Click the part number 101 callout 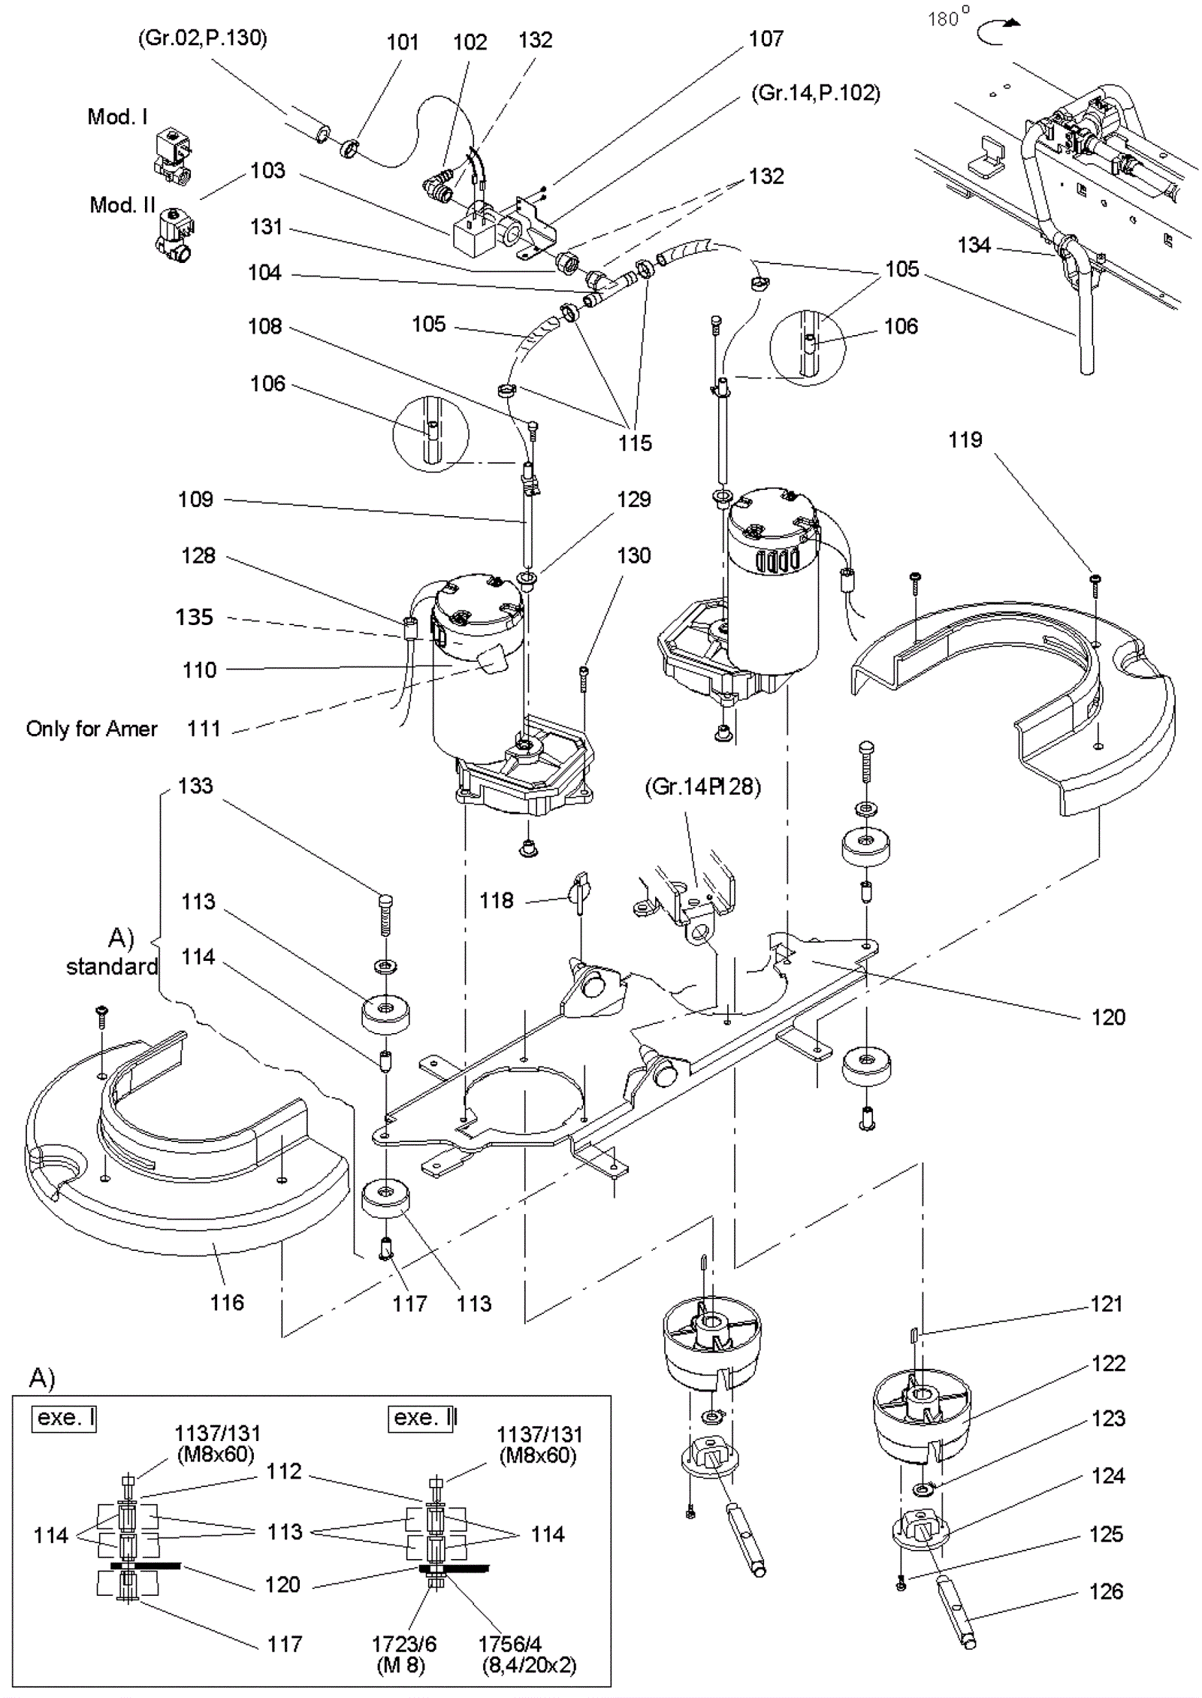pyautogui.click(x=403, y=42)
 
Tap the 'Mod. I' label pyautogui.click(x=117, y=116)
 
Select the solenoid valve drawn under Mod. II pyautogui.click(x=174, y=235)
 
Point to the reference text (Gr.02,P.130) pyautogui.click(x=202, y=38)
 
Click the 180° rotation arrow pyautogui.click(x=998, y=29)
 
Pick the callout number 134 pyautogui.click(x=974, y=245)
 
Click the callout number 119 pyautogui.click(x=965, y=440)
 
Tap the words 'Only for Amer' pyautogui.click(x=92, y=729)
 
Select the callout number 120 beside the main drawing pyautogui.click(x=1108, y=1017)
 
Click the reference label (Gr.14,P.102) pyautogui.click(x=815, y=93)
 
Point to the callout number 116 pyautogui.click(x=227, y=1302)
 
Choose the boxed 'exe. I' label pyautogui.click(x=65, y=1418)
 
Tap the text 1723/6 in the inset pyautogui.click(x=403, y=1643)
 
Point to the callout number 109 pyautogui.click(x=195, y=500)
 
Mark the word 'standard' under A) pyautogui.click(x=112, y=966)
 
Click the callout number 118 pyautogui.click(x=496, y=900)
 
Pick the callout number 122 pyautogui.click(x=1108, y=1363)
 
